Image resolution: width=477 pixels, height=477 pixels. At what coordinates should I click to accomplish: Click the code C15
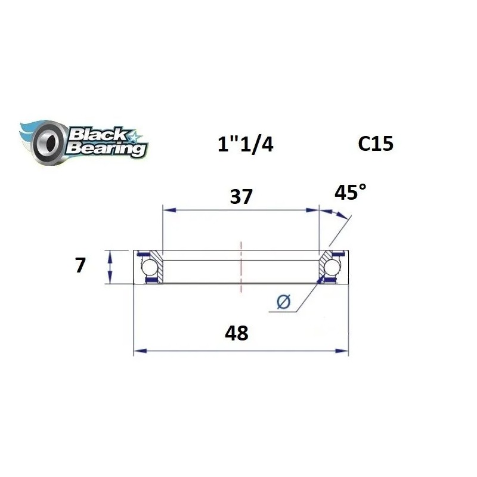tap(376, 144)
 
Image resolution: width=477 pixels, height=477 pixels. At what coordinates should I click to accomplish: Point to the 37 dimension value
tap(241, 196)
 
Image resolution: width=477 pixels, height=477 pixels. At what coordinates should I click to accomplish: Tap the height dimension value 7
tap(80, 265)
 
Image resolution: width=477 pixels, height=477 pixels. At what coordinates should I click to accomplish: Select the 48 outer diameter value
tap(237, 333)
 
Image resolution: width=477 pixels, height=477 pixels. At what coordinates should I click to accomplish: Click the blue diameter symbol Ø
tap(284, 303)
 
